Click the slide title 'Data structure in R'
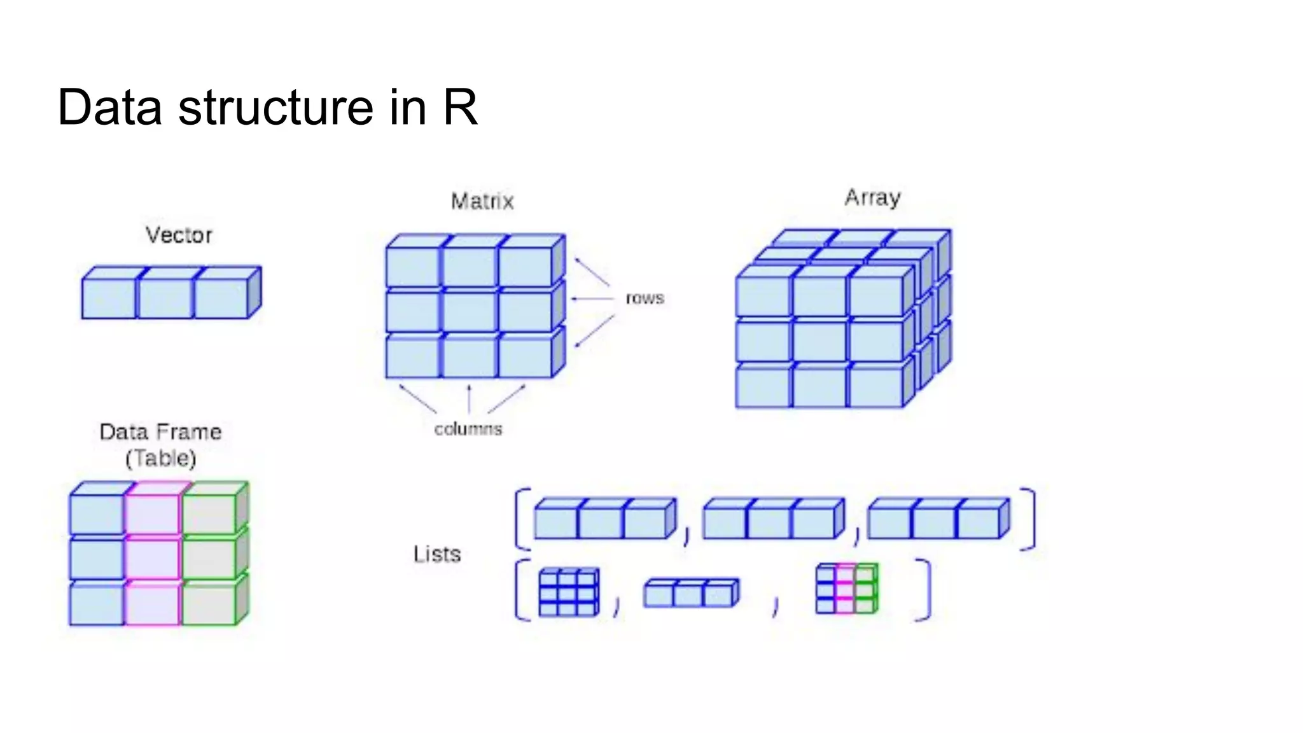(x=267, y=107)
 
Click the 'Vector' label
(x=179, y=235)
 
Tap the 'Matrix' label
(x=482, y=202)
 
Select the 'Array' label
(x=872, y=198)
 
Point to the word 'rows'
(x=645, y=298)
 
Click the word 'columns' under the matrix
(x=468, y=429)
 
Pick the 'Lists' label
(x=436, y=554)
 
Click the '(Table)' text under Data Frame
(x=160, y=458)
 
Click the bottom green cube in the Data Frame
(x=210, y=604)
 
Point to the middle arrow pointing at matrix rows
(x=592, y=298)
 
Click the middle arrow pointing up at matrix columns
(x=469, y=399)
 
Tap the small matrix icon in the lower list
(x=568, y=592)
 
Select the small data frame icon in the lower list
(x=846, y=589)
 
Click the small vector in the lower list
(x=690, y=593)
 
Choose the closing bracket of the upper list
(x=1029, y=519)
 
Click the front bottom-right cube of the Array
(x=876, y=387)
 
